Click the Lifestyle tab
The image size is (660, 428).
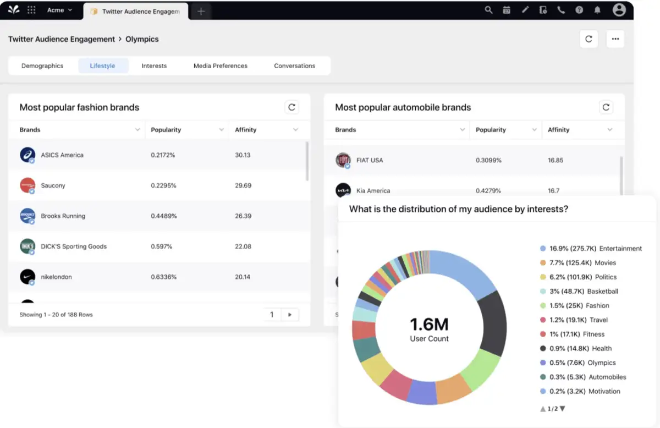(x=103, y=65)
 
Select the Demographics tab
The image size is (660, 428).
(x=42, y=65)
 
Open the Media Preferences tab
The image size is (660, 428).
(x=220, y=65)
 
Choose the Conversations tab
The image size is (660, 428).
(x=294, y=65)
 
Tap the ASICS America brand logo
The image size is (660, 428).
(x=28, y=155)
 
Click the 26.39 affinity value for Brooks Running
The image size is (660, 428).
(x=243, y=216)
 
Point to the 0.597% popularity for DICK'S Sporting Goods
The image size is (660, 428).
(x=162, y=246)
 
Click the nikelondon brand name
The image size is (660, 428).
(x=56, y=277)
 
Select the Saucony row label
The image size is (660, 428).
(x=53, y=185)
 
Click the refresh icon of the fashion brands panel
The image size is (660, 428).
(x=291, y=107)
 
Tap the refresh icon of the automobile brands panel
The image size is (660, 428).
(x=606, y=107)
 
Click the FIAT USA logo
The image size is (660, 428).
(x=343, y=160)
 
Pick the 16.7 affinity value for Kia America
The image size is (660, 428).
(x=554, y=191)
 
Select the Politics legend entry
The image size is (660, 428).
(x=606, y=277)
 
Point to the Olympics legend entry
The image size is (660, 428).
(x=601, y=363)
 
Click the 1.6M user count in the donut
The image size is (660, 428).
(x=429, y=324)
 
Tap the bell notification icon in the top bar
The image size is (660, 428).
(x=597, y=10)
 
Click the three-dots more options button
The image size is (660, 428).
(x=615, y=39)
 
